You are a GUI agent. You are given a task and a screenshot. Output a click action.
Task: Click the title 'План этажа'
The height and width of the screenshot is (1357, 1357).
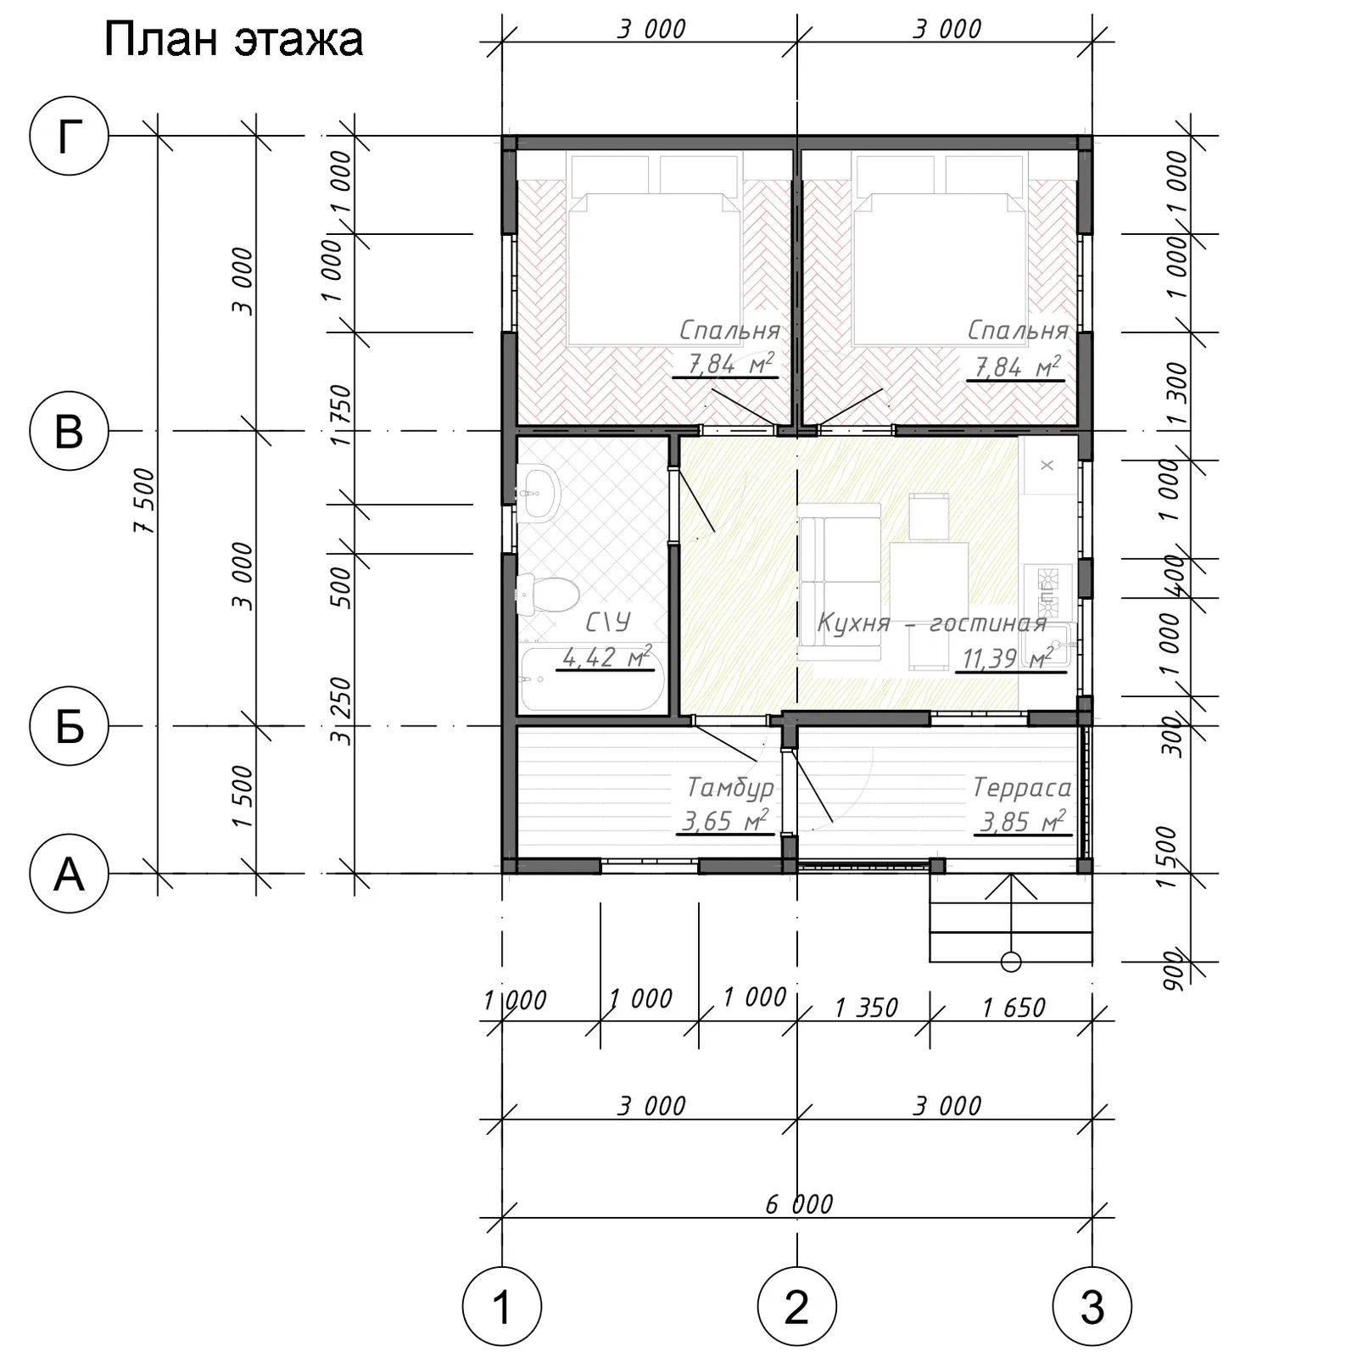coord(233,40)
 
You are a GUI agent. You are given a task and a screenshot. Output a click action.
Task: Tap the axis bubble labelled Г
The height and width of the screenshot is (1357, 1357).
coord(70,136)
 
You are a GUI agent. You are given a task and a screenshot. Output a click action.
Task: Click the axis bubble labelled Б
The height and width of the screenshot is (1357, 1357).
coord(70,726)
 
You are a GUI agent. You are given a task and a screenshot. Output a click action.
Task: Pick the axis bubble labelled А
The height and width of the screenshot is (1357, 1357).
coord(70,874)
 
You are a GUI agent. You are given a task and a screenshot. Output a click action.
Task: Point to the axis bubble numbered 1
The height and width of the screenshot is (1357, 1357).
coord(502,1307)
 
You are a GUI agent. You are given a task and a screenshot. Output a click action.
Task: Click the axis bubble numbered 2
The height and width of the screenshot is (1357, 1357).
coord(797,1307)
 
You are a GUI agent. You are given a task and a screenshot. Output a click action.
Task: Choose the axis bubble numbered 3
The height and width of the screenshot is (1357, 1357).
coord(1092,1307)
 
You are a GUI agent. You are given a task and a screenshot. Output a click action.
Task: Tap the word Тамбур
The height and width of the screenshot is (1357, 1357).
coord(730,788)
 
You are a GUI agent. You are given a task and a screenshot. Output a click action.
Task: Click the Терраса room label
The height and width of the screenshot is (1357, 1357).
coord(1022,788)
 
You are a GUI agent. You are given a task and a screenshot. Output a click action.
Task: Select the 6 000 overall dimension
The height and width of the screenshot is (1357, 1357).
coord(799,1203)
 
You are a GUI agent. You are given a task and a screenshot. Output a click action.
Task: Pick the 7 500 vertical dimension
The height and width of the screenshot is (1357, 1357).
coord(145,500)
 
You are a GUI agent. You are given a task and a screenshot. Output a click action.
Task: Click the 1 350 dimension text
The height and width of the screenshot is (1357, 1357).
coord(866,1008)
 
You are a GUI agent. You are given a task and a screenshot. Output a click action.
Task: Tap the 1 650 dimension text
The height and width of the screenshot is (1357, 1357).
coord(1014,1008)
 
